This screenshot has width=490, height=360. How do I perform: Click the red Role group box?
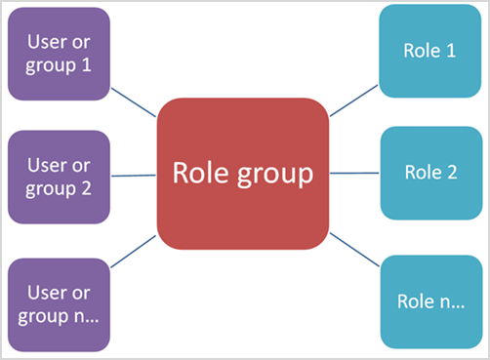coord(243,174)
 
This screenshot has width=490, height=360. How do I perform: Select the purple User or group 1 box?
coord(59,53)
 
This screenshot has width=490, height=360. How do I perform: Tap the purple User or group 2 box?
coord(59,177)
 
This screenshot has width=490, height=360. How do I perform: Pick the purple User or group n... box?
coord(59,303)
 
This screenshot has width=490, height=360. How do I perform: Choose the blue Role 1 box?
coord(429,51)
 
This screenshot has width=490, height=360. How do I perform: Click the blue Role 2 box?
coord(429,173)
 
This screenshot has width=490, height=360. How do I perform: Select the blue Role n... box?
coord(429,301)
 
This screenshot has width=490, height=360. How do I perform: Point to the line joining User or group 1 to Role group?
coord(133,101)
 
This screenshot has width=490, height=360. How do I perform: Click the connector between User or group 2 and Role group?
coord(133,176)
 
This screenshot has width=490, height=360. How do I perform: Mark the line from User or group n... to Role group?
coord(133,252)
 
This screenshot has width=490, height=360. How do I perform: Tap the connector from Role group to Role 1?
coord(354,101)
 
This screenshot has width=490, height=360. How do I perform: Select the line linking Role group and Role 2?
coord(354,173)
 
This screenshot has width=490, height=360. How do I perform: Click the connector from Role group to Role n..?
coord(354,250)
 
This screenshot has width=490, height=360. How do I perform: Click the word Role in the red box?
coord(201,173)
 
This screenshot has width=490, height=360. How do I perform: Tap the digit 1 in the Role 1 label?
coord(450,51)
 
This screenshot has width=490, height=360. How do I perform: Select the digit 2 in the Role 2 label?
coord(451,173)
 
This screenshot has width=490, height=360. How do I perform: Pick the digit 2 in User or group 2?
coord(85,188)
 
